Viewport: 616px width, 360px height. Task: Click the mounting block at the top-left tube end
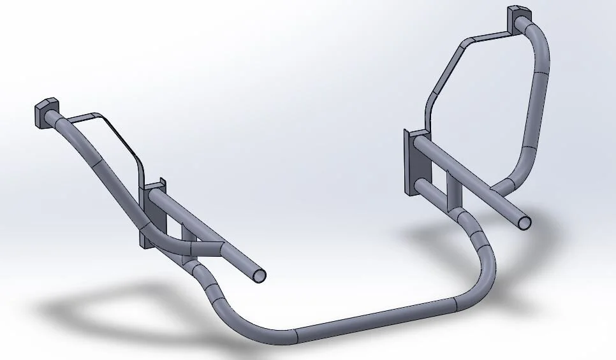[45, 112]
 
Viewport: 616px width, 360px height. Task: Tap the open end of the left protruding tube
[259, 275]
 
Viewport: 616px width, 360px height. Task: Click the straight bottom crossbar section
[376, 317]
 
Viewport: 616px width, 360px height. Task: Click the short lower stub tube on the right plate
[434, 189]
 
